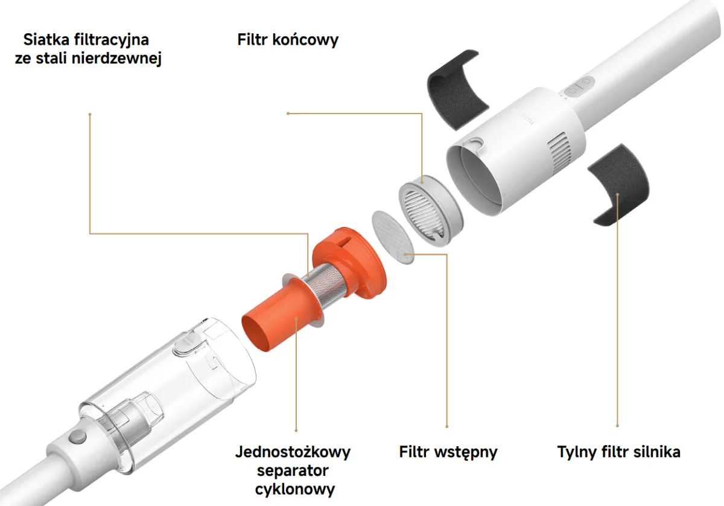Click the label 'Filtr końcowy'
pos(288,40)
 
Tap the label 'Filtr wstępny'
pos(448,452)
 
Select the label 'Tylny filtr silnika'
pos(618,452)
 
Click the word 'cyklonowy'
pos(295,489)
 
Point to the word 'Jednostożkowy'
pos(293,452)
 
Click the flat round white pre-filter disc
pos(393,237)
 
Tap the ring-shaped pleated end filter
pos(430,210)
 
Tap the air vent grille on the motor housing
pos(559,150)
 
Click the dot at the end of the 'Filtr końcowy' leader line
pos(288,114)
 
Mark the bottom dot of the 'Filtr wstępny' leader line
pos(447,427)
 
